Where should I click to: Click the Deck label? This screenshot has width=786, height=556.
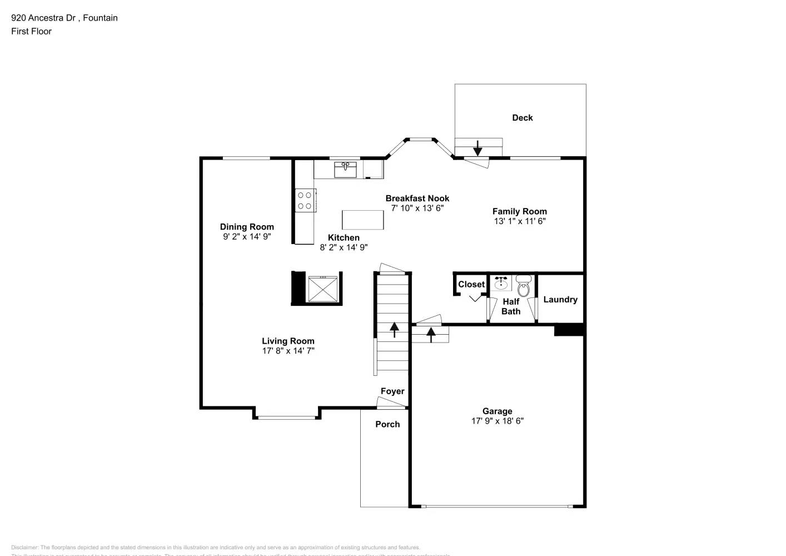522,117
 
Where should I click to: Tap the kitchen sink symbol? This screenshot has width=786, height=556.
345,169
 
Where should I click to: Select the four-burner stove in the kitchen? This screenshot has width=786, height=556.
305,200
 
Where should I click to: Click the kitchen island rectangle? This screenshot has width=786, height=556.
362,220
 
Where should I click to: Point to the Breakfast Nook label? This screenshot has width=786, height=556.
417,198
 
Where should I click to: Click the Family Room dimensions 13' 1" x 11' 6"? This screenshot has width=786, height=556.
519,221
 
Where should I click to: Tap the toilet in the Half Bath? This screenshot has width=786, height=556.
524,286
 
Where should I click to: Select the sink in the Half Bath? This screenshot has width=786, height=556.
501,283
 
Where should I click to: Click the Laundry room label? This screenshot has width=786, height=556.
560,299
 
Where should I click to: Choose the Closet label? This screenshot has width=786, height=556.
471,284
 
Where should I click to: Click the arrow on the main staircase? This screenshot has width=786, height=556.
394,329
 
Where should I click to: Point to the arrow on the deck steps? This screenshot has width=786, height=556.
477,148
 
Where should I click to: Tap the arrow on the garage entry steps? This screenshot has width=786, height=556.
430,334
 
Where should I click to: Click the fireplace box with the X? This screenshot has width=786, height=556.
323,288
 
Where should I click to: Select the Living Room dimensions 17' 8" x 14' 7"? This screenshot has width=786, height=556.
288,350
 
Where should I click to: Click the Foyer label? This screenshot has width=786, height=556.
392,391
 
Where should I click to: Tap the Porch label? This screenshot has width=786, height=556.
387,424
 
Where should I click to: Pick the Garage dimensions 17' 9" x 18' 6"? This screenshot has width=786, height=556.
497,420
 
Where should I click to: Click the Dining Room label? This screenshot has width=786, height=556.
247,226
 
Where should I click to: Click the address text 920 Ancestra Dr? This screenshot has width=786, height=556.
43,18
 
